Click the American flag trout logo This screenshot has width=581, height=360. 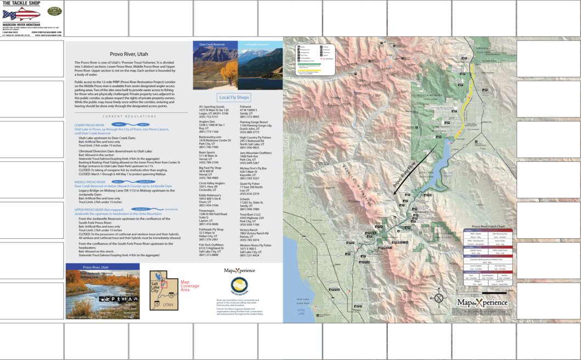coord(21,13)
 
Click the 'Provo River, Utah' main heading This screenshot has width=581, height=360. coord(128,54)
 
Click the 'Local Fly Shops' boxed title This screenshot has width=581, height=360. coord(234,97)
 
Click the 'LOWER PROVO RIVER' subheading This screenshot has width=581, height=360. coord(89,125)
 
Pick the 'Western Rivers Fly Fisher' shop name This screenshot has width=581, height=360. coord(256,245)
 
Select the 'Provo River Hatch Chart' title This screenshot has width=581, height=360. coord(488,226)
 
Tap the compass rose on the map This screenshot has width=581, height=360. coord(439,298)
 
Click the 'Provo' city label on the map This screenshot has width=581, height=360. coord(357,310)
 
